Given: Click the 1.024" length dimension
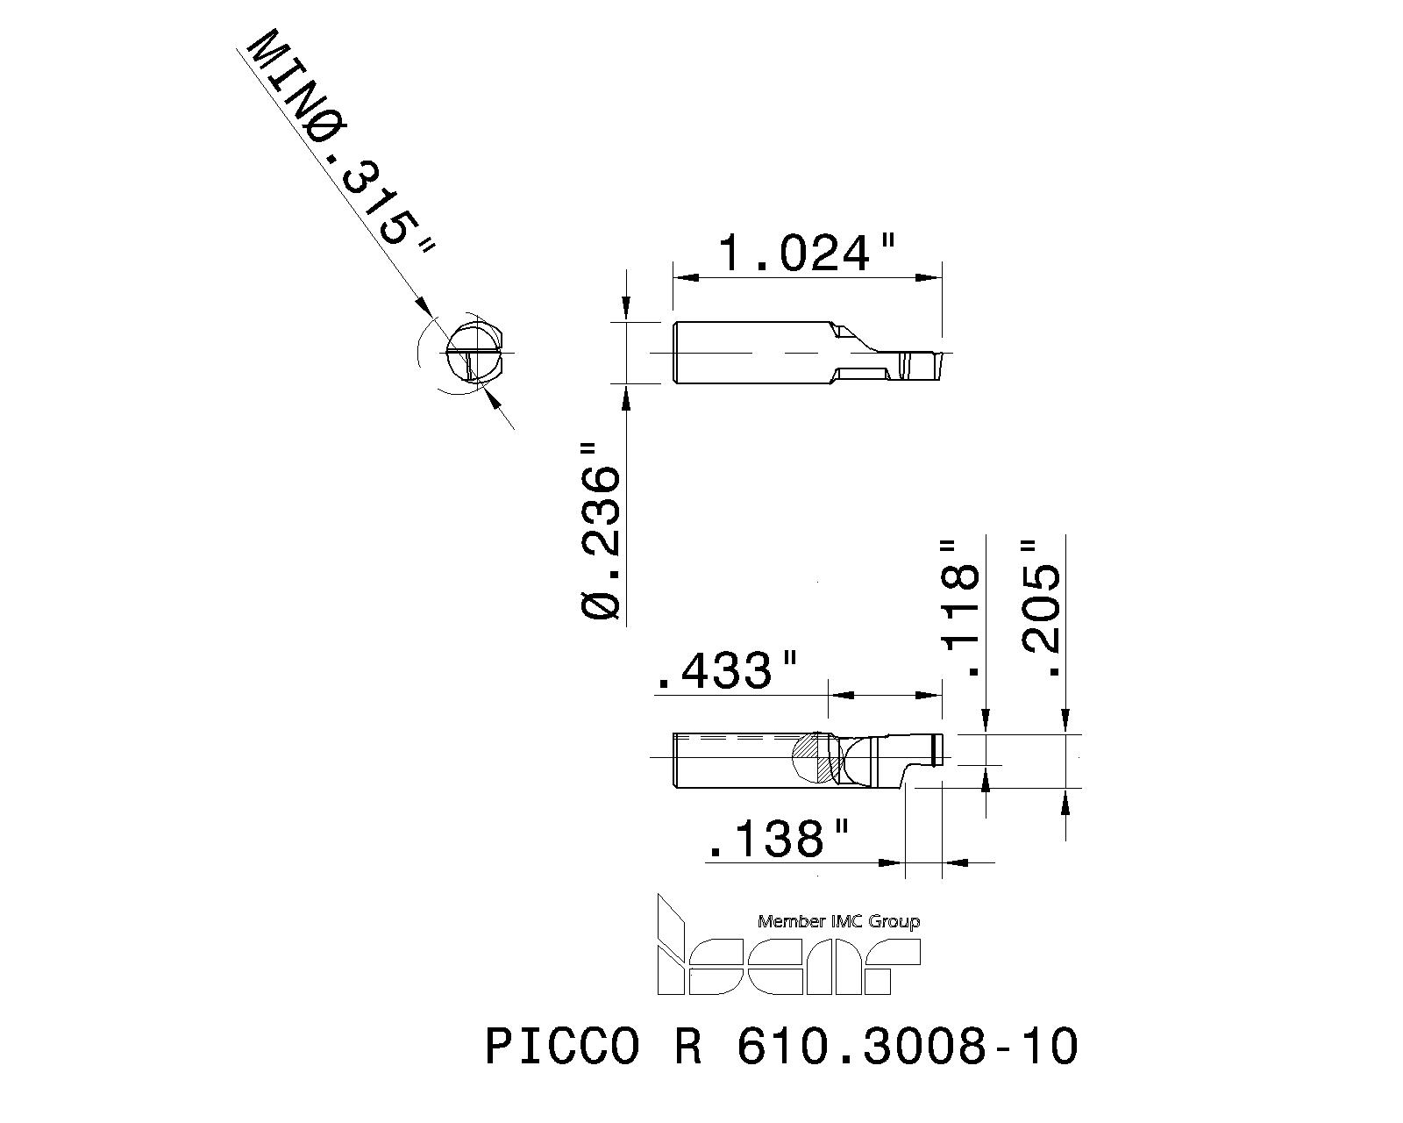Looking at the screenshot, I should [x=794, y=254].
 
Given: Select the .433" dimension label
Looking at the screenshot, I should [x=727, y=672].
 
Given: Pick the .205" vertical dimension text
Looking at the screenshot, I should [x=1042, y=608].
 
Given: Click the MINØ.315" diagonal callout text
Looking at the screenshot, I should [x=342, y=145].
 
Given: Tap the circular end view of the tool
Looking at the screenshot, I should [x=474, y=354].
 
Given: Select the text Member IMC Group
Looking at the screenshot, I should [x=838, y=922].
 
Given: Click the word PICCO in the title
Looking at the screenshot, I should [x=562, y=1048].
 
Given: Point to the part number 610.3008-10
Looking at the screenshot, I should [x=907, y=1048].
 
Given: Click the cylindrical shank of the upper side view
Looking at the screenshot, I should [x=745, y=353].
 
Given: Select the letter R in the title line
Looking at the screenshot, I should [x=688, y=1048].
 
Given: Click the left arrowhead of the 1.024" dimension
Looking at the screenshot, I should [x=684, y=277].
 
